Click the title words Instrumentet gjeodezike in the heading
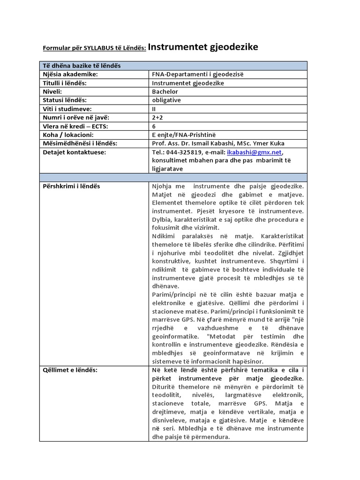point(203,47)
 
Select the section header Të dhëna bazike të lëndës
point(82,66)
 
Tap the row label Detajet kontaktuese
point(75,152)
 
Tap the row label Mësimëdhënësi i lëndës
point(80,143)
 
